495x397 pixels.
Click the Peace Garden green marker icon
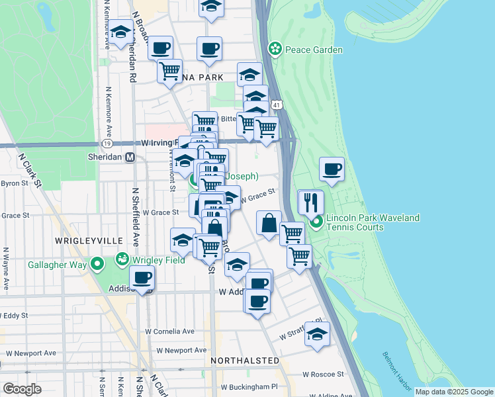tap(274, 50)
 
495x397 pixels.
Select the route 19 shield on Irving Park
tap(107, 143)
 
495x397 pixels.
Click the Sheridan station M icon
tap(130, 157)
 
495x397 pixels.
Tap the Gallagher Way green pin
tap(97, 265)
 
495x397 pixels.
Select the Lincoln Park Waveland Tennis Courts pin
tap(317, 221)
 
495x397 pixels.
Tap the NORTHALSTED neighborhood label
tap(245, 361)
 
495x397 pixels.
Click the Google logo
tap(22, 388)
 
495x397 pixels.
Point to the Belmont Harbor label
tap(397, 368)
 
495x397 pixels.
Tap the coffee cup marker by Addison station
tap(142, 279)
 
